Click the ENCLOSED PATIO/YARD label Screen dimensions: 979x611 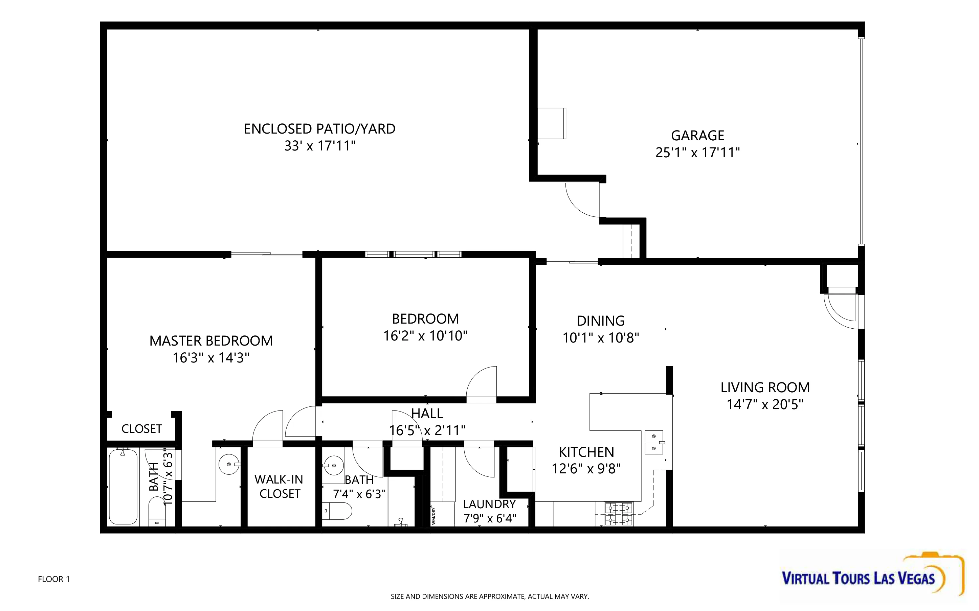click(x=319, y=129)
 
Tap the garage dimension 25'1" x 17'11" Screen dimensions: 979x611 click(x=697, y=152)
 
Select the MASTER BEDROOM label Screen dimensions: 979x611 click(x=211, y=340)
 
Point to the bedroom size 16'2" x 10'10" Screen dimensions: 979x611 click(x=425, y=336)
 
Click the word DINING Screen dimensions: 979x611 click(x=601, y=321)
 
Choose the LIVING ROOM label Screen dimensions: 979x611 click(x=765, y=387)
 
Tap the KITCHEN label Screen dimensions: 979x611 click(x=586, y=452)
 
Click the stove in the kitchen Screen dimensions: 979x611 click(x=618, y=514)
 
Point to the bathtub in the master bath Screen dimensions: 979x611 click(x=123, y=487)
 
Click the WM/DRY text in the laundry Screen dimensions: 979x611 click(x=433, y=516)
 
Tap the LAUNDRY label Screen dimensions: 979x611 click(x=489, y=504)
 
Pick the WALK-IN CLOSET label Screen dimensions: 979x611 click(x=279, y=487)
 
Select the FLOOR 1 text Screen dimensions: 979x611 click(x=54, y=579)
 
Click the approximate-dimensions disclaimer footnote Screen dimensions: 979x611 click(x=490, y=596)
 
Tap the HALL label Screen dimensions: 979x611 click(x=427, y=414)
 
